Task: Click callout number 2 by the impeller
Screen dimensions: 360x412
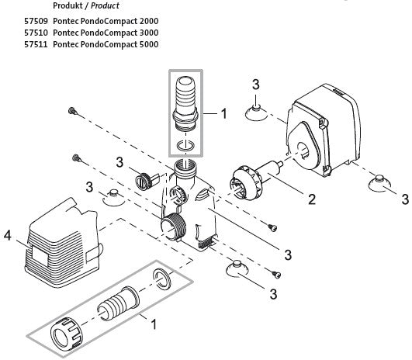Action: coord(311,199)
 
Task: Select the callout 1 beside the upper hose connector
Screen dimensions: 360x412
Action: coord(223,113)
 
